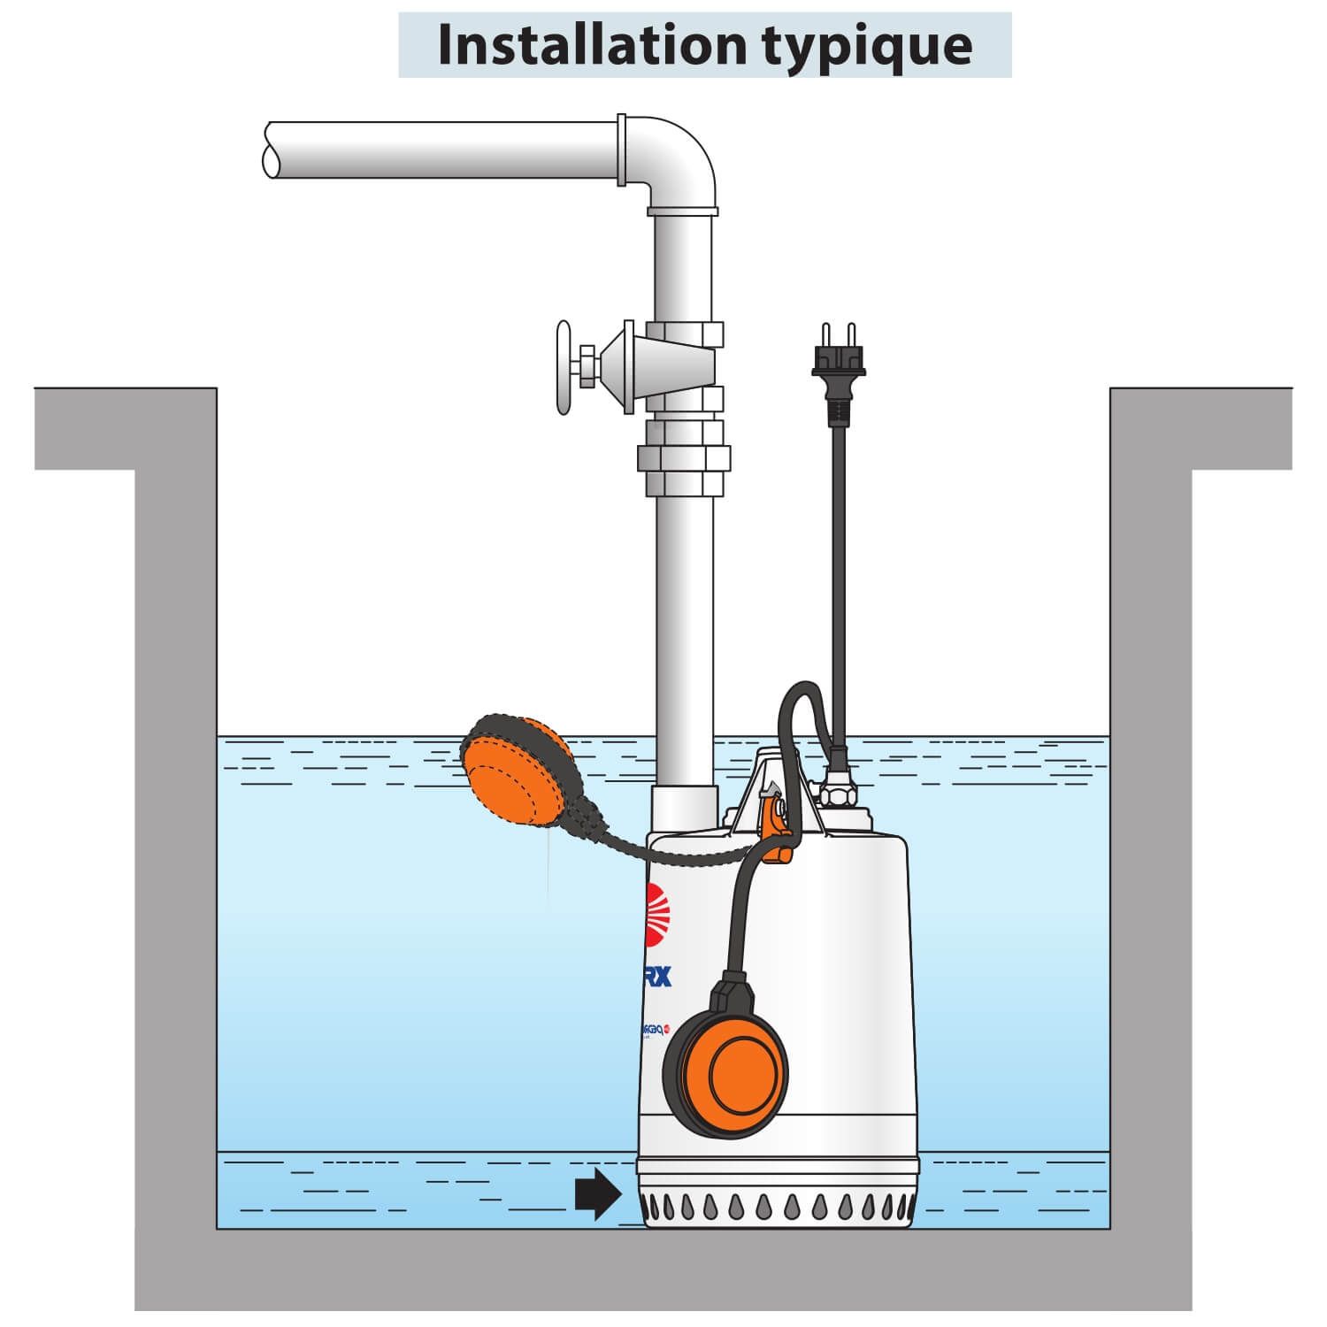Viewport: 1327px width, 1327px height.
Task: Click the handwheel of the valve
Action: click(x=564, y=367)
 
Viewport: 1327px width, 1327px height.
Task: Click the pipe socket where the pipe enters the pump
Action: click(x=683, y=807)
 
